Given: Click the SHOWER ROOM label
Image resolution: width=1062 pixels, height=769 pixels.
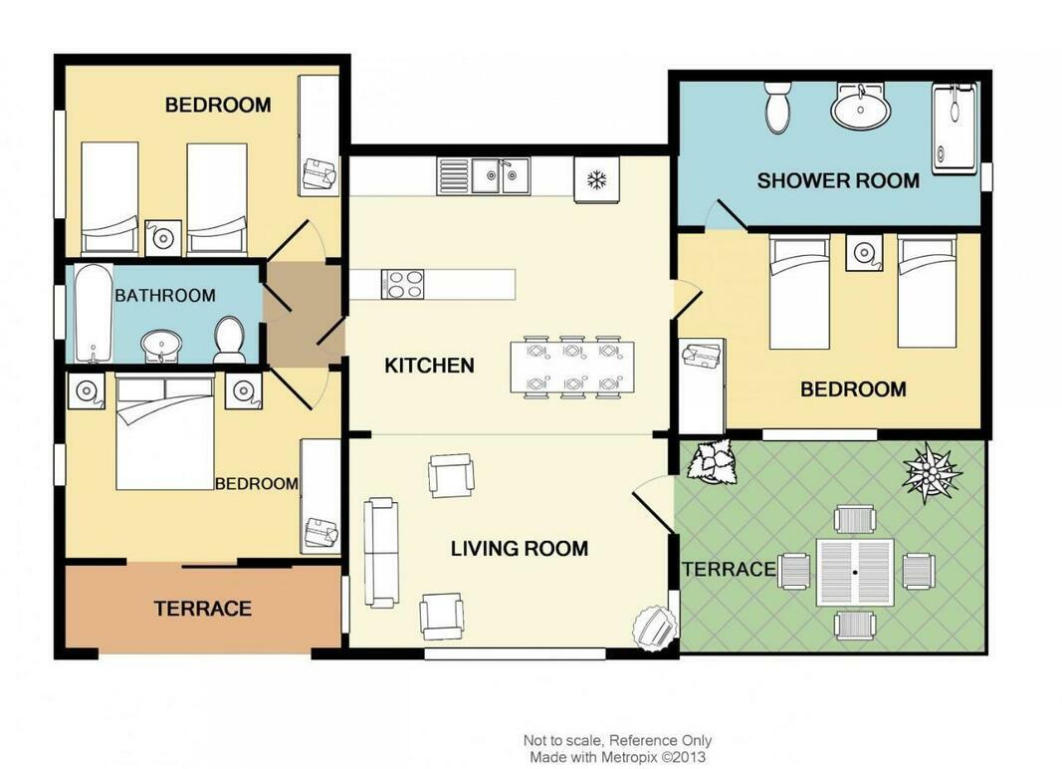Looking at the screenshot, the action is tap(838, 180).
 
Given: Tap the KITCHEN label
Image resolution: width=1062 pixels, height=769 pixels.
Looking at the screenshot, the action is tap(429, 366).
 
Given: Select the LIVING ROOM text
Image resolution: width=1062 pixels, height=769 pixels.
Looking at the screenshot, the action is tap(520, 548).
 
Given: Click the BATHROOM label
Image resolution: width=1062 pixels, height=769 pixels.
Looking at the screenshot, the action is tap(165, 296).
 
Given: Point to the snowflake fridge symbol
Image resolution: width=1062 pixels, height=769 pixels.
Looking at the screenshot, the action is tap(597, 179).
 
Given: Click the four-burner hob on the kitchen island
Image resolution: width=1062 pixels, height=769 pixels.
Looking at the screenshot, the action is tap(403, 284).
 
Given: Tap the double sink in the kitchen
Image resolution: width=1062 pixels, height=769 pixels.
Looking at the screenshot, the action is tap(501, 175).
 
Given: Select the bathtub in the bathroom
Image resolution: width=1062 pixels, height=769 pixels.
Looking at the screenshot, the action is tap(94, 313).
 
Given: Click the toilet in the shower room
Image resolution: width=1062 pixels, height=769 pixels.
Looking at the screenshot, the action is tap(777, 107).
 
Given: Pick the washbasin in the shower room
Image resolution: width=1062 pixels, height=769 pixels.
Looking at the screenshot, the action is tap(861, 108).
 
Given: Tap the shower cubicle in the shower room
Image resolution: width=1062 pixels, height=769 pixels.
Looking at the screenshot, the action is tap(955, 128).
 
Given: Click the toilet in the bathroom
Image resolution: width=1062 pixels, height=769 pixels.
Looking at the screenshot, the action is tap(230, 340).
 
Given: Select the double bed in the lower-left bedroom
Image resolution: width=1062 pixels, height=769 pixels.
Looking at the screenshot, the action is tap(165, 431).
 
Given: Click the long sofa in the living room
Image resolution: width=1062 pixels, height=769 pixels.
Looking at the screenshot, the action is tap(380, 552).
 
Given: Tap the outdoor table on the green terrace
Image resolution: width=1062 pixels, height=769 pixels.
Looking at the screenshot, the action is tap(855, 572).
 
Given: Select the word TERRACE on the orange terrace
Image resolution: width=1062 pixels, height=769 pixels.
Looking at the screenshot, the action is tap(202, 609).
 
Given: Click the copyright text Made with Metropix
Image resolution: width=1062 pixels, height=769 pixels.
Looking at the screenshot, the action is tap(617, 757).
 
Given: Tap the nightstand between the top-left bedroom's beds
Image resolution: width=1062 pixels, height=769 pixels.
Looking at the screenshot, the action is tap(163, 237).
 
